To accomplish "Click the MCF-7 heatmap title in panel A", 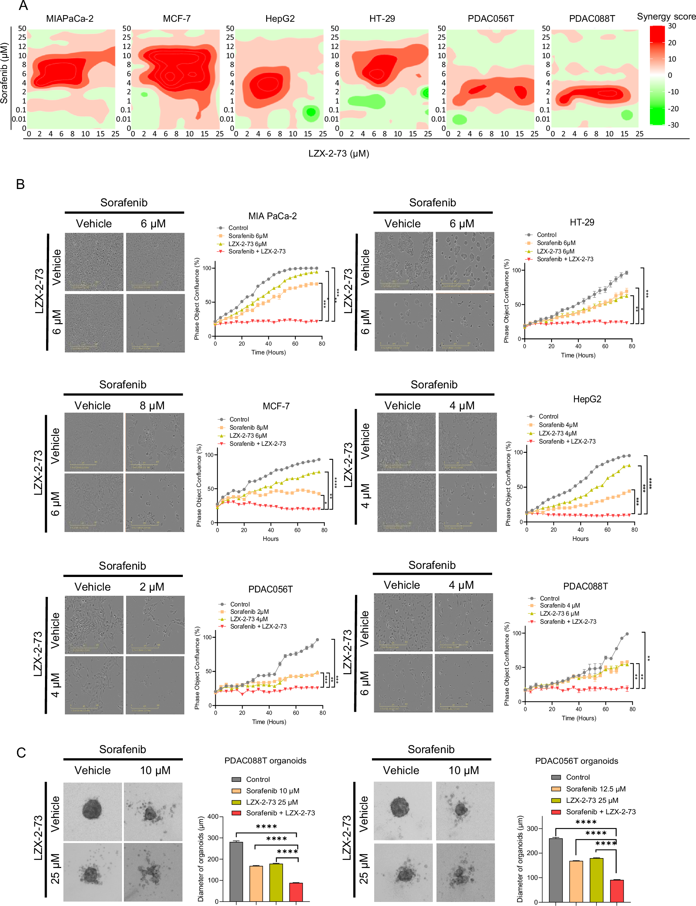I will (x=177, y=19).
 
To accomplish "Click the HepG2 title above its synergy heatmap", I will (x=280, y=19).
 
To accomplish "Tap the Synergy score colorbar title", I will (x=665, y=17).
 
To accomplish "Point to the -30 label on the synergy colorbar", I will (x=673, y=125).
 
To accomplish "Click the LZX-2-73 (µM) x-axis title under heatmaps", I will (x=338, y=154).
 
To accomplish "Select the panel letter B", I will (x=20, y=184).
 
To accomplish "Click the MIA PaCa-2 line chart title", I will (x=272, y=216).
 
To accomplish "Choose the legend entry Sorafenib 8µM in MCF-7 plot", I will (x=248, y=427).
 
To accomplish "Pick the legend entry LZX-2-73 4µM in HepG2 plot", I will (x=557, y=433).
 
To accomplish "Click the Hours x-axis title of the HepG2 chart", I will (x=580, y=539).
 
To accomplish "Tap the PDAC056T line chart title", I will (x=270, y=589).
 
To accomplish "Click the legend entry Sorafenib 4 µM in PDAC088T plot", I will (x=559, y=605).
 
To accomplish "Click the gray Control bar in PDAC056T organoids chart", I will (x=556, y=870).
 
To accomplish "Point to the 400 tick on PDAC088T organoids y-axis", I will (x=213, y=816).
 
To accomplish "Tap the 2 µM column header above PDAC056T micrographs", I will (x=152, y=587).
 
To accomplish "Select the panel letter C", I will (x=21, y=753).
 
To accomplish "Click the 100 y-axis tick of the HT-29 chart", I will (x=516, y=270).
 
